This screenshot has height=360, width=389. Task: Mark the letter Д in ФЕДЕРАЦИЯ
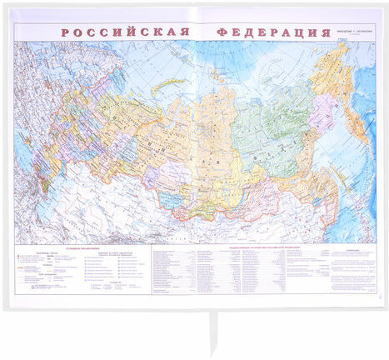pyautogui.click(x=248, y=32)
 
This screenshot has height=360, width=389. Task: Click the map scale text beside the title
pyautogui.click(x=350, y=34)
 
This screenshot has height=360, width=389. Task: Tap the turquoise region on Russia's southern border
pyautogui.click(x=171, y=200)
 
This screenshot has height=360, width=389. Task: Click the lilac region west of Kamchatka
pyautogui.click(x=322, y=117)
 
